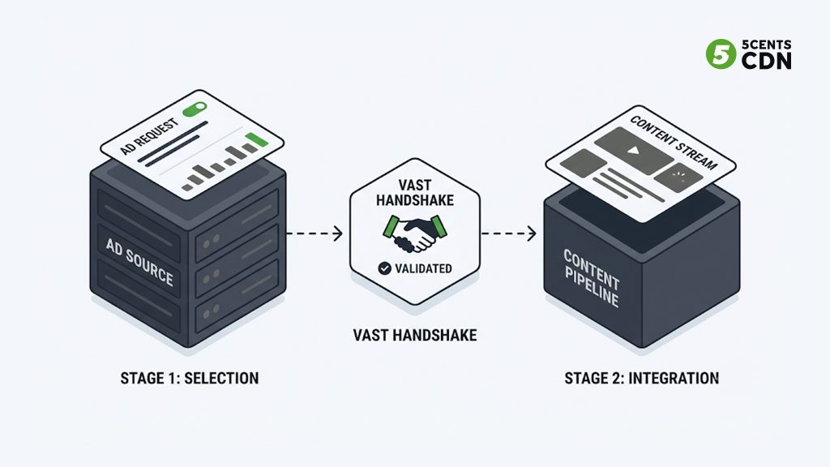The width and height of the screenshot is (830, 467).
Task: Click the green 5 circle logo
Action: pos(721,54)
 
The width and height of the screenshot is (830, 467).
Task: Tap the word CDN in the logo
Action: pos(766,61)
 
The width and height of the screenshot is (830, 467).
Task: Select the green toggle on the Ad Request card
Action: pos(195,109)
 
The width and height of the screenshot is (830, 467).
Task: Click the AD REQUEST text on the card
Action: pos(149,136)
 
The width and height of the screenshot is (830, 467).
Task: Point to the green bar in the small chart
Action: pos(256,139)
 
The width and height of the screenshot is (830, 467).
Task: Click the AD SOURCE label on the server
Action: pos(139,262)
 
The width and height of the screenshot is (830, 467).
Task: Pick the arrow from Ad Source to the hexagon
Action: pos(314,233)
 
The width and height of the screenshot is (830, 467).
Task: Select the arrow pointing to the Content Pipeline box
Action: pos(509,233)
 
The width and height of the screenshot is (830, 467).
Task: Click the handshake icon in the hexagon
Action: pos(415,233)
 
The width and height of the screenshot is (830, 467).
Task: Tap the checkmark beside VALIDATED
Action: pos(385,268)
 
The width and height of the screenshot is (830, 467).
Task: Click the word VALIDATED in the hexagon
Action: pos(423,268)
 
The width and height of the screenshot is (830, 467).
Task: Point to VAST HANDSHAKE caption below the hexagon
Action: pos(415,335)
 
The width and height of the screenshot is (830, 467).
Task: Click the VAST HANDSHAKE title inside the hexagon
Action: pos(415,193)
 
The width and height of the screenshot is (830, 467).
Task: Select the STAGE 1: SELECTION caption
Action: pos(190,378)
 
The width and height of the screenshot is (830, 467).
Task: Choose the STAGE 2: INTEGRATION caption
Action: pos(642,378)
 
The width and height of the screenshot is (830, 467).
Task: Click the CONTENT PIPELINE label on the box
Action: pos(591,278)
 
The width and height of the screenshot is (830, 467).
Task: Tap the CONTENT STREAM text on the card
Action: pos(674,143)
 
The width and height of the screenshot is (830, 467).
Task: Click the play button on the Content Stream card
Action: pos(634,151)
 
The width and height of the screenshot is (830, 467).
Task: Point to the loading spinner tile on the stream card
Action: pos(678,178)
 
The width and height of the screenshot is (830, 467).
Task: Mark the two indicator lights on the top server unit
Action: pos(212,242)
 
